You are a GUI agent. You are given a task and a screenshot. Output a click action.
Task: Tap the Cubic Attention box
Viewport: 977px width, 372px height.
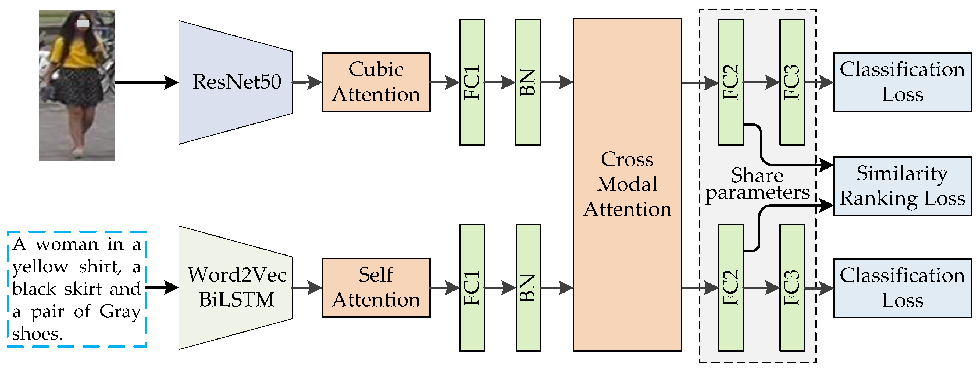tap(376, 82)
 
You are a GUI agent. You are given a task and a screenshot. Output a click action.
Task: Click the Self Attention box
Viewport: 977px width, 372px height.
tap(376, 287)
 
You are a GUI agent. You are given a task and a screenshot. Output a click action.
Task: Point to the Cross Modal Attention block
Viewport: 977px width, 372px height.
tap(627, 184)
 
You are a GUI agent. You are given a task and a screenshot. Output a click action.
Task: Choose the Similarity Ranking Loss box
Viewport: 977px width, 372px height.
tap(902, 186)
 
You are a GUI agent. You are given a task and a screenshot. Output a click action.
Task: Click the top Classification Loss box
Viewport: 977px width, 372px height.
tap(902, 82)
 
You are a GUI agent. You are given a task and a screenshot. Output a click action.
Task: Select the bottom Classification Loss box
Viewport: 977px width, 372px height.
tap(902, 288)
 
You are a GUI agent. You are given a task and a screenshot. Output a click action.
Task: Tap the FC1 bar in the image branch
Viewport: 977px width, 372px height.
tap(472, 82)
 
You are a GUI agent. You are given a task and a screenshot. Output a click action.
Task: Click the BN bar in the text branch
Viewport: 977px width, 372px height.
tap(528, 287)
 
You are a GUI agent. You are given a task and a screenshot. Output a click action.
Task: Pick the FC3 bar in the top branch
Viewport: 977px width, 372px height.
tap(792, 82)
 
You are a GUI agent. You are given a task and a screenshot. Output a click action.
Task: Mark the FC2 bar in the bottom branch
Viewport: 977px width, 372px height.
tap(730, 287)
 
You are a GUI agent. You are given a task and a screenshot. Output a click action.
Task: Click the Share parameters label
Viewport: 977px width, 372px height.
tap(757, 184)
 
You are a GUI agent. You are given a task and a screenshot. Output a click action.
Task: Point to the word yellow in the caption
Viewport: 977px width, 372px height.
tap(40, 267)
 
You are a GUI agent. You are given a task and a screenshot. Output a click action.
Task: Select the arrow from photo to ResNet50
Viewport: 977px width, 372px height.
tap(146, 82)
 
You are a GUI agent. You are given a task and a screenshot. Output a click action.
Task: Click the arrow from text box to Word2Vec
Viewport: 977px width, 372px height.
tap(162, 287)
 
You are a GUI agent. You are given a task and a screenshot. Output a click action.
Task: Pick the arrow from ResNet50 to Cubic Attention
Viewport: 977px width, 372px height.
tap(307, 82)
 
